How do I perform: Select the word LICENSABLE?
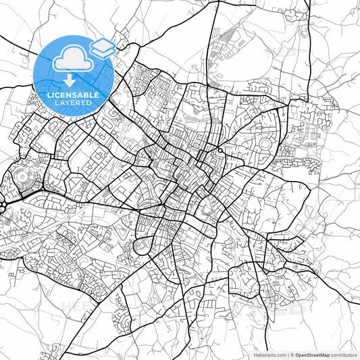tap(73, 95)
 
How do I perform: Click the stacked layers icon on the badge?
tap(102, 47)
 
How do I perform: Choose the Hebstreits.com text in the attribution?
tap(269, 354)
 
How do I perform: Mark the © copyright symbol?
tap(292, 354)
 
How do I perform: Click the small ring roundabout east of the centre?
tap(220, 150)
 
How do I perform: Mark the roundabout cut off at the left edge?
tap(2, 203)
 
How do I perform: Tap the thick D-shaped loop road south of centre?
tap(143, 245)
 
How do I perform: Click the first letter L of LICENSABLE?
tap(49, 95)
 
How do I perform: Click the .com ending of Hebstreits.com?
tap(280, 354)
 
